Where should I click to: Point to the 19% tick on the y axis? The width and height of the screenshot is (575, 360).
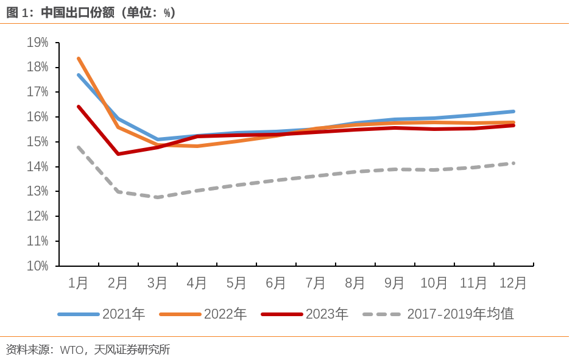coord(38,43)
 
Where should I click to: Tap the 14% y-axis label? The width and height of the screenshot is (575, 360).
coord(38,167)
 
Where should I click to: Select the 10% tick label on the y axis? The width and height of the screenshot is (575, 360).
coord(38,266)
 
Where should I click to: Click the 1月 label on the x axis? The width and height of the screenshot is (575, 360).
coord(78,283)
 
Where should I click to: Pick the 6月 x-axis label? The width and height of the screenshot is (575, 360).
coord(276,283)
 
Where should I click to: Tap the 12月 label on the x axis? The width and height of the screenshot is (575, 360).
coord(513,283)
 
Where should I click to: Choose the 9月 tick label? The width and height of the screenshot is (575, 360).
coord(395,283)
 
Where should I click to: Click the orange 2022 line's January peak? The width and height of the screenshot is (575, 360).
coord(79,58)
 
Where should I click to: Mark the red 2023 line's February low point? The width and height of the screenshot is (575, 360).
coord(118,154)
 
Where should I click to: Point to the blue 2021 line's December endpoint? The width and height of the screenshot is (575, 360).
coord(513,111)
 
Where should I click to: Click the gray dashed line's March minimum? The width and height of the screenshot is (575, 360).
coord(158,197)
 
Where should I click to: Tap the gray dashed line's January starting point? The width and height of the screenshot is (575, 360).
coord(79,147)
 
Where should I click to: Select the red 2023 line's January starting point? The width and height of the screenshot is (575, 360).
coord(79,107)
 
